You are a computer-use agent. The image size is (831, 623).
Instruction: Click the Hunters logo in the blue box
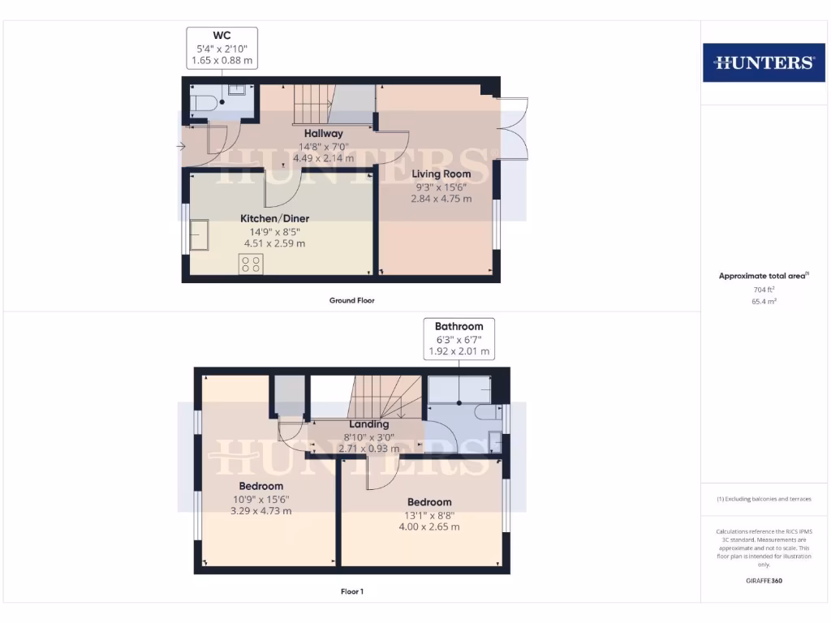pyautogui.click(x=764, y=62)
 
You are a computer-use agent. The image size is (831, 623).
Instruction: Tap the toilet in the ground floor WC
pyautogui.click(x=204, y=103)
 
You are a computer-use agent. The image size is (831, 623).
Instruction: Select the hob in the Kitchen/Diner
pyautogui.click(x=251, y=264)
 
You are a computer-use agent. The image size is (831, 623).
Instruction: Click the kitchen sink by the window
pyautogui.click(x=198, y=235)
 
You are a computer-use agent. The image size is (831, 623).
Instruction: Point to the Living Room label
pyautogui.click(x=441, y=174)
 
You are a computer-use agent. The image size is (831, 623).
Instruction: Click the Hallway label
pyautogui.click(x=324, y=133)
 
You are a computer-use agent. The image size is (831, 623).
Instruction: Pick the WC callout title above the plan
pyautogui.click(x=222, y=35)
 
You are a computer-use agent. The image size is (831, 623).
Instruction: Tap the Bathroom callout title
pyautogui.click(x=459, y=327)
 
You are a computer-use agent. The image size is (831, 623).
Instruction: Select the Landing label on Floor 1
pyautogui.click(x=369, y=424)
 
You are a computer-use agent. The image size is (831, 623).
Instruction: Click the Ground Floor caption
pyautogui.click(x=351, y=300)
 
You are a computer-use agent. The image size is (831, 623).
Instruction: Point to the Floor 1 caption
pyautogui.click(x=352, y=591)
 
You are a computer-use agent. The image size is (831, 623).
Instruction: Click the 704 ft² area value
pyautogui.click(x=764, y=289)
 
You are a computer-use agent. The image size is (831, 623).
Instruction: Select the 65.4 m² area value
pyautogui.click(x=764, y=300)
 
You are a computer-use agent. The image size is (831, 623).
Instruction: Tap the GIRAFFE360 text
pyautogui.click(x=764, y=581)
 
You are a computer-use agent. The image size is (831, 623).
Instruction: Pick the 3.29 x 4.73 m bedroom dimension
pyautogui.click(x=260, y=511)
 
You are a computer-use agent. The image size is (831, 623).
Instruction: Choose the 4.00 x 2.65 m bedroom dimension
pyautogui.click(x=429, y=526)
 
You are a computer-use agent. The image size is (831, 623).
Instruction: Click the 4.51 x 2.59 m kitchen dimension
pyautogui.click(x=274, y=243)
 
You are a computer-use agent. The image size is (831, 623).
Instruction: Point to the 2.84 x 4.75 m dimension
pyautogui.click(x=441, y=199)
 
